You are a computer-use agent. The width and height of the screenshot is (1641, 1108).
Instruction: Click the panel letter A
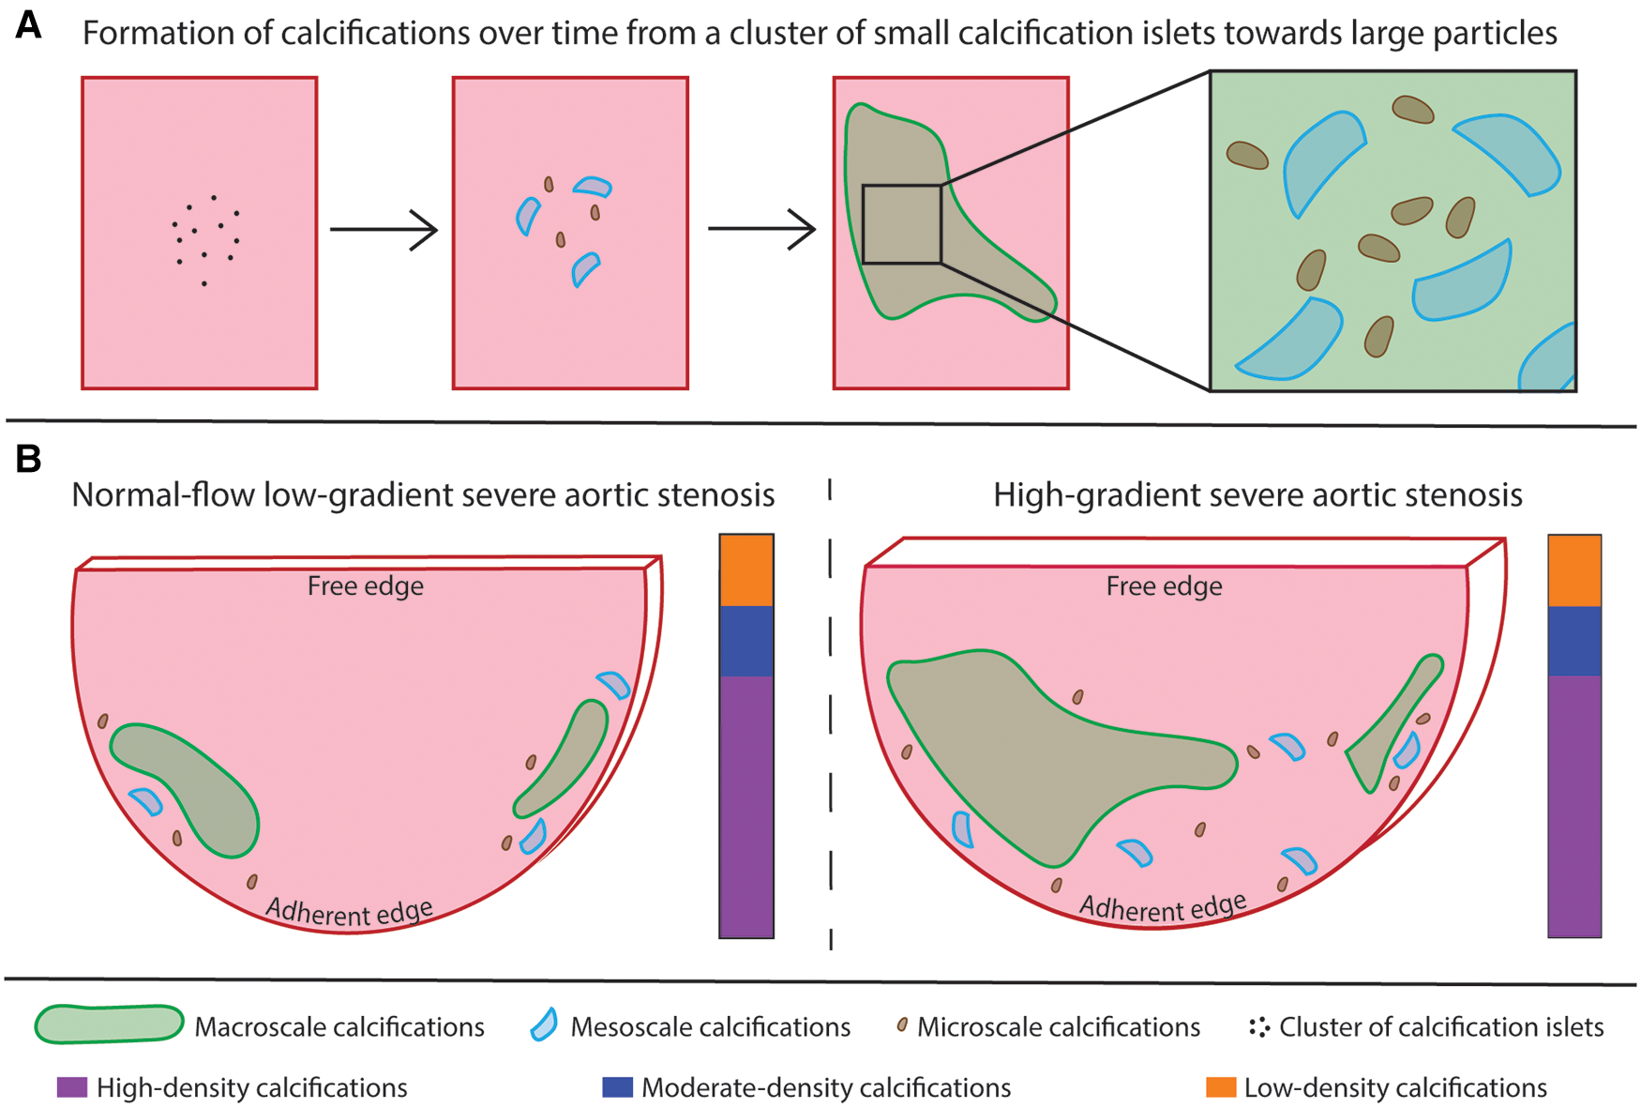(x=28, y=25)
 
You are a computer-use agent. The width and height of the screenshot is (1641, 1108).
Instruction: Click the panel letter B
(x=28, y=459)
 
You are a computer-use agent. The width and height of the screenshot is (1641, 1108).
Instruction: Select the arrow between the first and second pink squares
(x=384, y=229)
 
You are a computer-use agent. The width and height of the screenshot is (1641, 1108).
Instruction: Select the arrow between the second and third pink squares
(x=761, y=228)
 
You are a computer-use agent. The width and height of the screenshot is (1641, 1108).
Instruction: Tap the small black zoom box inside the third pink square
(x=901, y=224)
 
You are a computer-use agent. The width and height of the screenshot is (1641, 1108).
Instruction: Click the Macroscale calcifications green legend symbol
(x=109, y=1025)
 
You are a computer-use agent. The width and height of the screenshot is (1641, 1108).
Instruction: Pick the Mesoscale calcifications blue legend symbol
(x=544, y=1025)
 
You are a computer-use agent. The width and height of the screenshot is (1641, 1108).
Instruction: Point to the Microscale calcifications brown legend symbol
(x=902, y=1025)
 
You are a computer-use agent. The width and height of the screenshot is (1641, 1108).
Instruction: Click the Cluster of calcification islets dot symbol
(x=1259, y=1026)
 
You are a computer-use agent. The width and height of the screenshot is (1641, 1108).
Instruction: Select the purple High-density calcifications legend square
(x=72, y=1087)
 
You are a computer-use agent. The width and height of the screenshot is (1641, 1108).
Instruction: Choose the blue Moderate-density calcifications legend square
(x=617, y=1087)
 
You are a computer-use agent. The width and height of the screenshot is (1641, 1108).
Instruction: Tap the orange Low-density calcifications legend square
(x=1221, y=1087)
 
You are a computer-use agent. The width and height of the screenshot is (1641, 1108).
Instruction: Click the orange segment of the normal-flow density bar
(x=746, y=570)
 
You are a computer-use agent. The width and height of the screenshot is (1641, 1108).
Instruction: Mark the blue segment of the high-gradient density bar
(x=1574, y=641)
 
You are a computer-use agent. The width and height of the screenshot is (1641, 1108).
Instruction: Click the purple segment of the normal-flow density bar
(x=746, y=807)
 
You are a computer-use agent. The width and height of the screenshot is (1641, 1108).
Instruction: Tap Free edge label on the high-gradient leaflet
(x=1164, y=586)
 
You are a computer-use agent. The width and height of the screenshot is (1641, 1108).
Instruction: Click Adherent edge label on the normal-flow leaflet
(x=349, y=911)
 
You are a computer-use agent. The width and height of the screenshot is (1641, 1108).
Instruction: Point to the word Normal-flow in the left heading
(x=162, y=494)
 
